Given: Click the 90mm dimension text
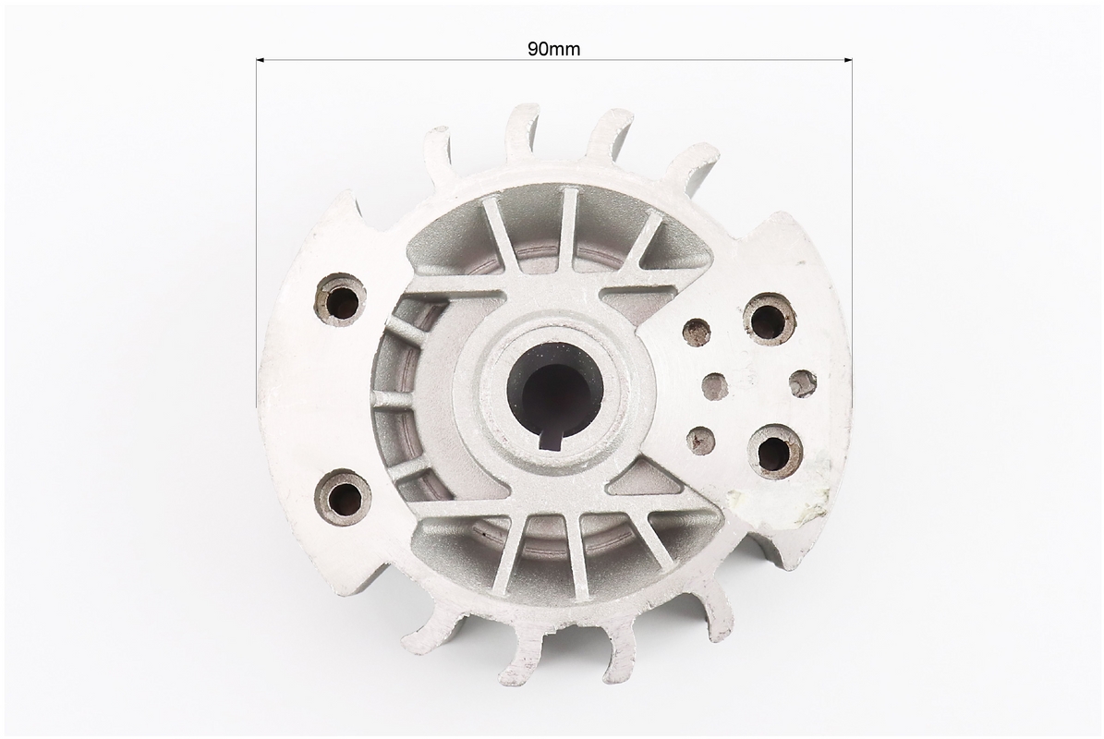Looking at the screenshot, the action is tap(553, 49).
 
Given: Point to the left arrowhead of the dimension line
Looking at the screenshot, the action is tap(260, 61).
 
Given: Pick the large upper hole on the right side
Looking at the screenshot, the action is tap(770, 320).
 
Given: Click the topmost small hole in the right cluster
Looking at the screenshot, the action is tap(697, 330).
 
